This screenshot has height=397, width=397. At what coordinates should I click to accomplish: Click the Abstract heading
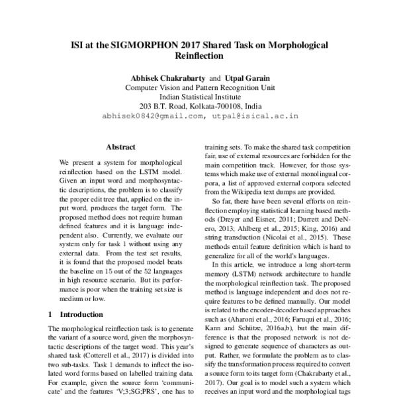120,146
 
